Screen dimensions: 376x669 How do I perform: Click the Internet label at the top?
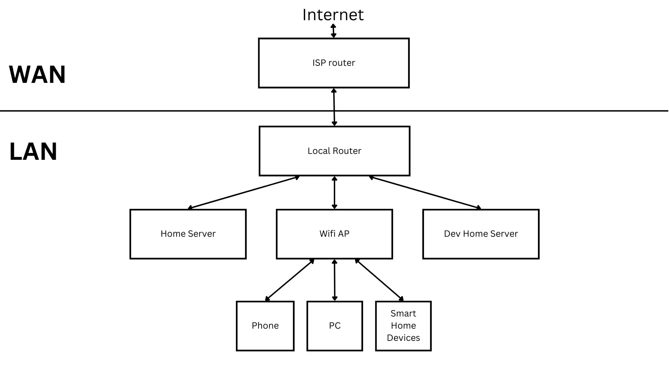click(x=333, y=15)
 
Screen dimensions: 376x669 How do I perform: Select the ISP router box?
click(x=333, y=63)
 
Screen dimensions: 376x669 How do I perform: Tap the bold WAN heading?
click(x=37, y=75)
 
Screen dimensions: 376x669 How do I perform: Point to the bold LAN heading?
click(x=33, y=151)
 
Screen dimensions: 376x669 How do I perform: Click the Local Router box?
click(x=334, y=151)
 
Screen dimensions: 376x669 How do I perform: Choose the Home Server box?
click(x=188, y=234)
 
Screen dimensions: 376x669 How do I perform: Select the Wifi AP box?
click(x=334, y=234)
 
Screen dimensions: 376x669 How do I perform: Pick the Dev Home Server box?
click(x=480, y=234)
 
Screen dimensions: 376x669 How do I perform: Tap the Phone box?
click(x=265, y=326)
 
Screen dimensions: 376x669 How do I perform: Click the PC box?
click(x=334, y=326)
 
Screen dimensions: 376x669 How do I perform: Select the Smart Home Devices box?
click(x=403, y=326)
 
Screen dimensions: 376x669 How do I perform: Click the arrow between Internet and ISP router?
click(x=333, y=31)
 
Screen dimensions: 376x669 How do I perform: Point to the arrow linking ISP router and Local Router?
click(x=334, y=107)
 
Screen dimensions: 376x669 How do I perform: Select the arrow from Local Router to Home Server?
click(x=244, y=193)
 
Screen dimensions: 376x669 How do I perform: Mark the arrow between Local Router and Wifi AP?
click(x=334, y=193)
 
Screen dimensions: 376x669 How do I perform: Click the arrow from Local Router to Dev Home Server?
click(x=425, y=193)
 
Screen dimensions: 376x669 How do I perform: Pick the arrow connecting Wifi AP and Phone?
click(x=290, y=280)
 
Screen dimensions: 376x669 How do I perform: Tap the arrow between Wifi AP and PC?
click(x=334, y=280)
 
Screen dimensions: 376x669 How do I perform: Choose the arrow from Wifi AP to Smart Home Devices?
click(x=379, y=280)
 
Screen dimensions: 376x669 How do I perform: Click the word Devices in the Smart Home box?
click(x=403, y=338)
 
